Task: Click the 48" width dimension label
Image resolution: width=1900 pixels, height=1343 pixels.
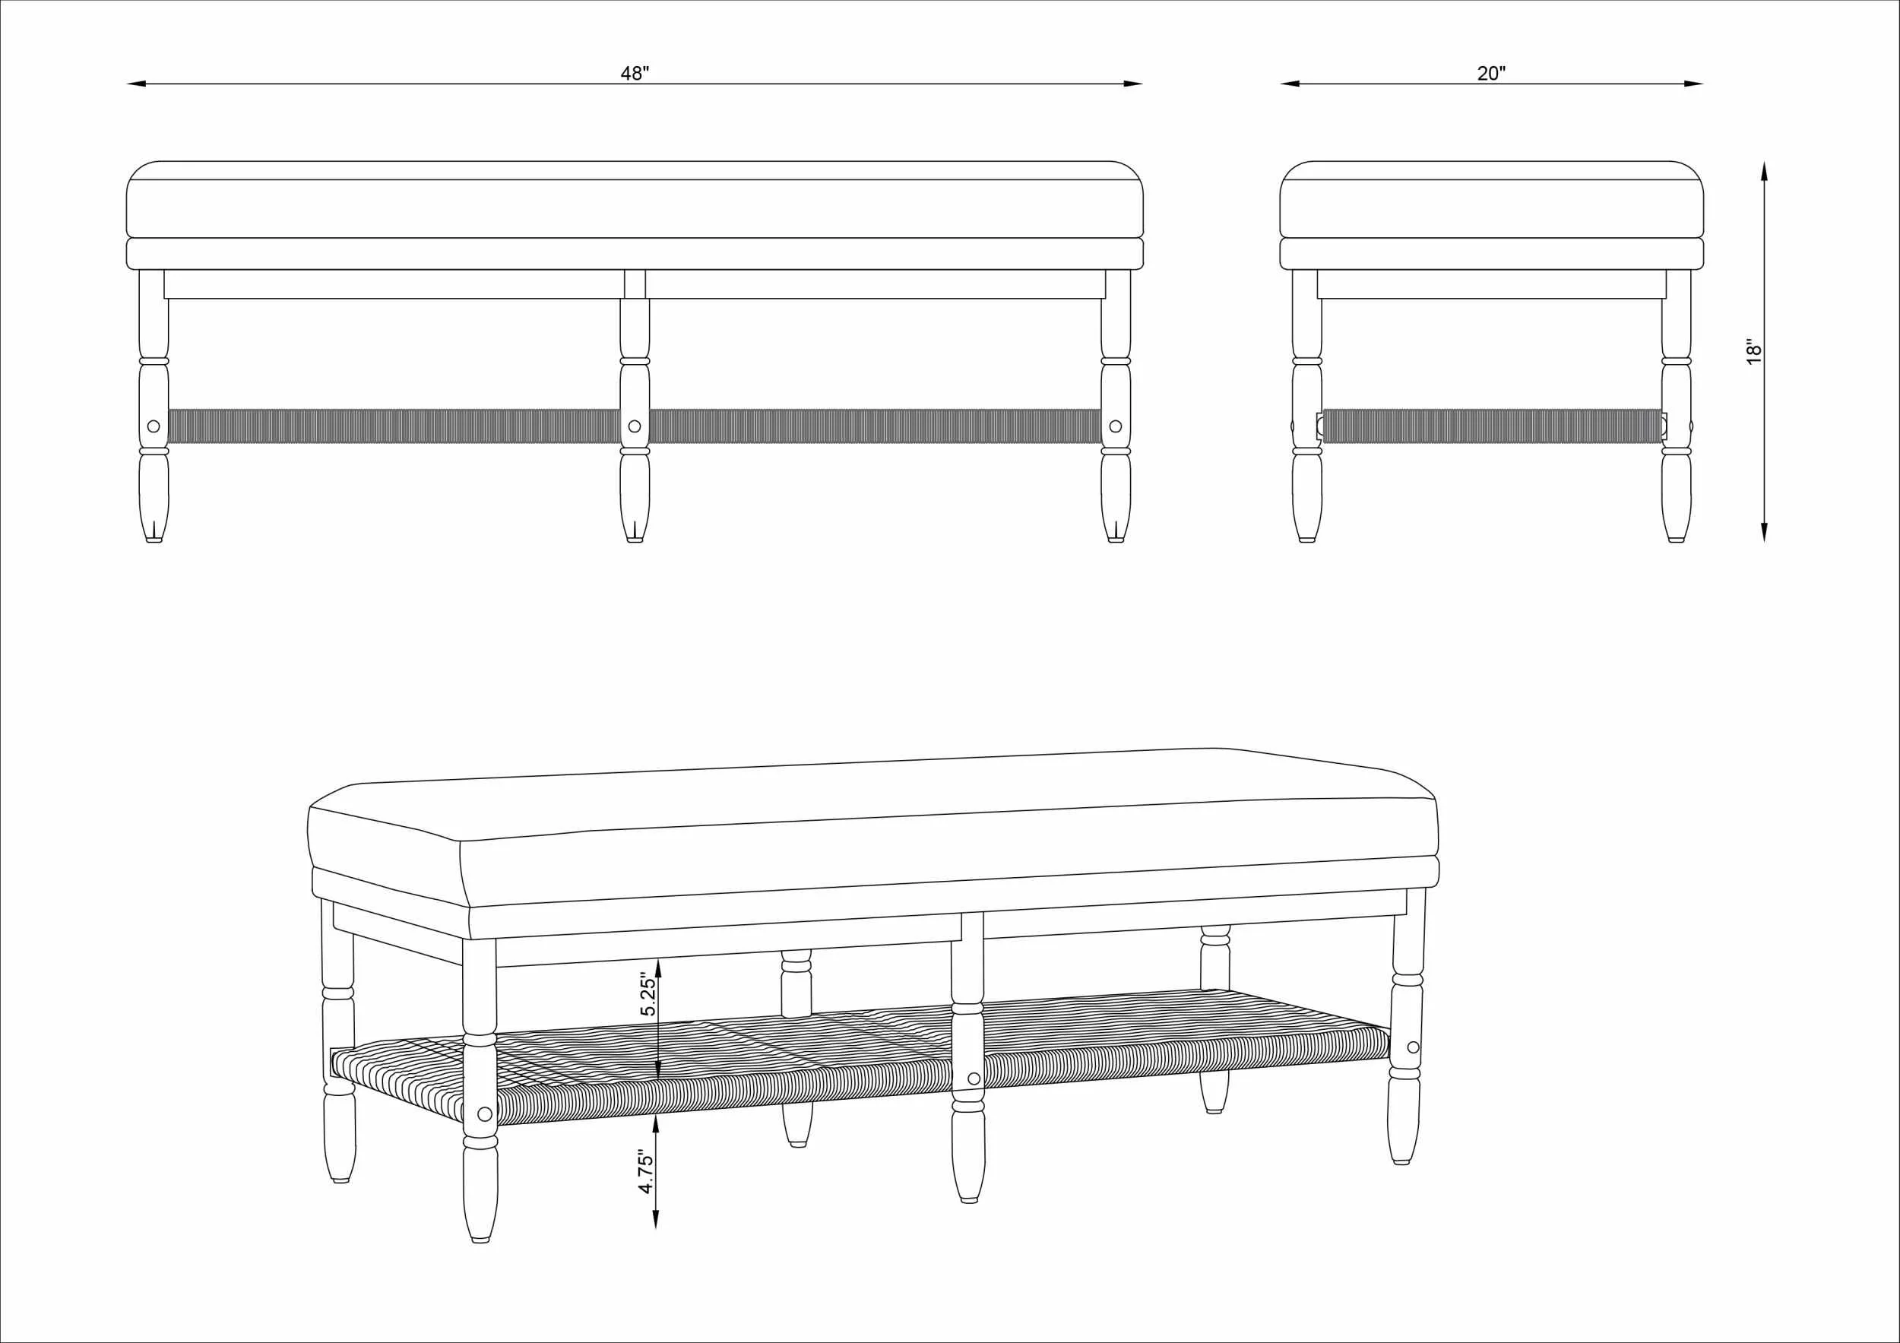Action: pyautogui.click(x=635, y=74)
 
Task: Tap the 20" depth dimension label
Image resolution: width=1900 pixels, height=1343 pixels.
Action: pyautogui.click(x=1491, y=74)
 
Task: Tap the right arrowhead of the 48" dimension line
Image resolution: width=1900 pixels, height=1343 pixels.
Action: pyautogui.click(x=1133, y=84)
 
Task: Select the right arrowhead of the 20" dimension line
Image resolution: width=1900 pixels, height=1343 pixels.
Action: pyautogui.click(x=1693, y=84)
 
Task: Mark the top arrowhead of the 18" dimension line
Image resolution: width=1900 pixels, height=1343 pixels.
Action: pyautogui.click(x=1764, y=171)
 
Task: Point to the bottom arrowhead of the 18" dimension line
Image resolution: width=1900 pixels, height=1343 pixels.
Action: pyautogui.click(x=1764, y=531)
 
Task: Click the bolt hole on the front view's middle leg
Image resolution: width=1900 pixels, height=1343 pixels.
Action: pyautogui.click(x=635, y=426)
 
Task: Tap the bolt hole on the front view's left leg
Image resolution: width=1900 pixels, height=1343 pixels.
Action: pyautogui.click(x=153, y=426)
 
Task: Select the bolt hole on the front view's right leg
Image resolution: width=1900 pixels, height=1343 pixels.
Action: pyautogui.click(x=1116, y=426)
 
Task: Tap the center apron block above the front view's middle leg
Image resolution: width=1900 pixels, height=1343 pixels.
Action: pyautogui.click(x=635, y=283)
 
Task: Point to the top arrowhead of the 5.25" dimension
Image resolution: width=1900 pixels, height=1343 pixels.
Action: pyautogui.click(x=657, y=969)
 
